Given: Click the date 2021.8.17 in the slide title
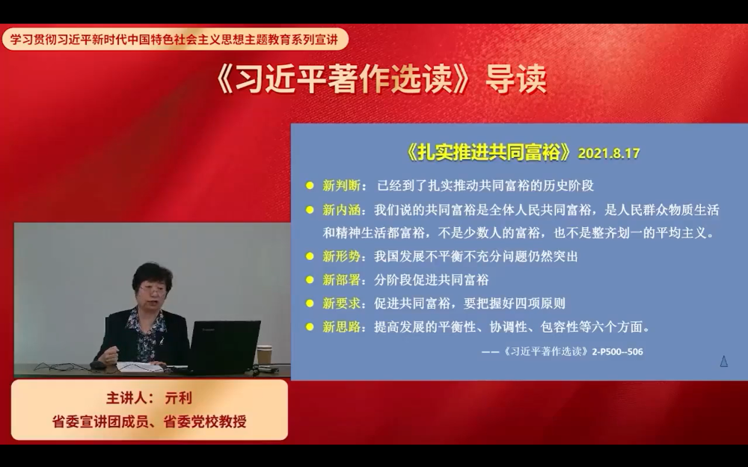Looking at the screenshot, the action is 609,153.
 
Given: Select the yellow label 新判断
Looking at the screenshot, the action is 342,185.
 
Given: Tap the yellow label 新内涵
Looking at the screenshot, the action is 342,210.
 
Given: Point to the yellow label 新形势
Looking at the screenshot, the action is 342,256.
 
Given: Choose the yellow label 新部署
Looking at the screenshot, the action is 342,279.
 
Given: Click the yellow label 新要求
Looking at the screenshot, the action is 342,303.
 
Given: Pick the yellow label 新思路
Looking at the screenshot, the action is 342,327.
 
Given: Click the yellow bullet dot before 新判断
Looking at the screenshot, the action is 310,185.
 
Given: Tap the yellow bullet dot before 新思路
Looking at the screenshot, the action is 310,327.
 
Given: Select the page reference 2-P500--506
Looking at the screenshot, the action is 617,352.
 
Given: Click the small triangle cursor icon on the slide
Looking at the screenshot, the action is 723,362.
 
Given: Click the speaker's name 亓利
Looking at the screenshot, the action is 178,398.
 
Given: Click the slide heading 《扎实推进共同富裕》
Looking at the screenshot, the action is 488,152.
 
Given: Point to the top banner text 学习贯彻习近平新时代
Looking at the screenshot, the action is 68,39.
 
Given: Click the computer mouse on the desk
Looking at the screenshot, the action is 97,365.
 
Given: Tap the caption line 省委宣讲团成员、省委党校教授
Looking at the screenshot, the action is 150,421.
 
